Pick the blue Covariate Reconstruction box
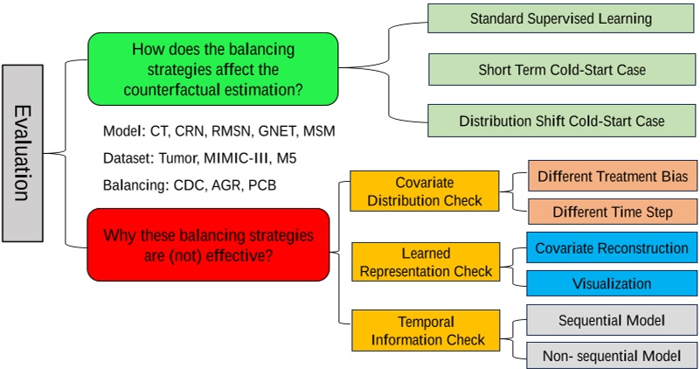[612, 248]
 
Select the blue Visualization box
[612, 283]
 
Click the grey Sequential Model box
[612, 320]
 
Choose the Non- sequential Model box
[612, 355]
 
